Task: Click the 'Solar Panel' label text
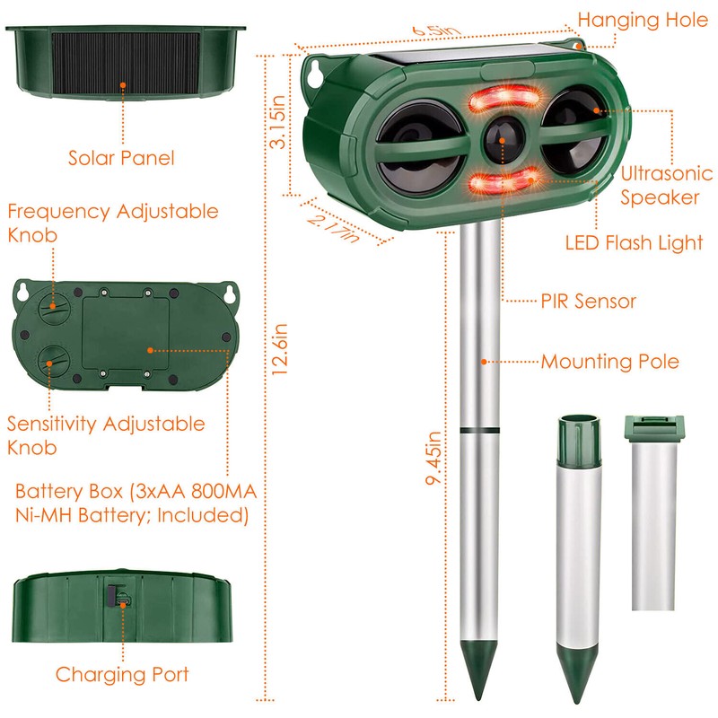tap(120, 159)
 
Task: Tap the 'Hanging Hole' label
tap(642, 20)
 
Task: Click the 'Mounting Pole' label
tap(609, 362)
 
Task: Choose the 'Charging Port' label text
tap(122, 674)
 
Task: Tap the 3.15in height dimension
tap(280, 127)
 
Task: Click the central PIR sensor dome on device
tap(500, 138)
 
